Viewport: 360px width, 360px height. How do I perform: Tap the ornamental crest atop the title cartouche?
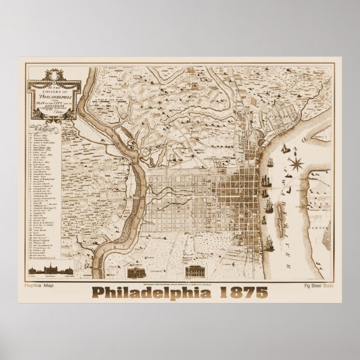(54, 74)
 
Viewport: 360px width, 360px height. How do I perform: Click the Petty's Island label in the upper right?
(320, 135)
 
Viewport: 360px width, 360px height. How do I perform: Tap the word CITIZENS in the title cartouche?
(55, 89)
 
